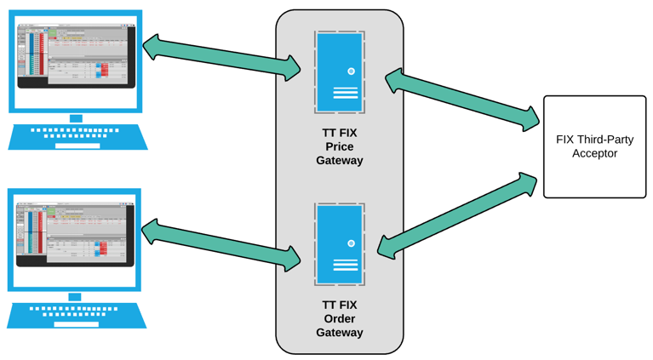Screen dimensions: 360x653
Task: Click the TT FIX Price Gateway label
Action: [x=339, y=146]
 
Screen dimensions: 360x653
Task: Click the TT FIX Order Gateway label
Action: [x=339, y=318]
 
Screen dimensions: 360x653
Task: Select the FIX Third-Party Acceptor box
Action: [x=594, y=146]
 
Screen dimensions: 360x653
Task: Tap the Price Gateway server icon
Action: [x=339, y=73]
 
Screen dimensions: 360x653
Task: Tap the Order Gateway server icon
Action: [x=339, y=244]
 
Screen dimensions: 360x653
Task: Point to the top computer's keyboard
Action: [x=77, y=137]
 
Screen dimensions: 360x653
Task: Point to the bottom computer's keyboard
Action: [x=77, y=315]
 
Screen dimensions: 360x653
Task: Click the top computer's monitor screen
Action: [x=74, y=56]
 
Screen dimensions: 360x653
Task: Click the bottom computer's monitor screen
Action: [x=74, y=235]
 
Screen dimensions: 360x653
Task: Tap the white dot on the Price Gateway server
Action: [x=351, y=71]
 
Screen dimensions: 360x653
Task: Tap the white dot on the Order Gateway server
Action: [x=351, y=243]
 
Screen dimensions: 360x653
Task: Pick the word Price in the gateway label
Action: [x=339, y=146]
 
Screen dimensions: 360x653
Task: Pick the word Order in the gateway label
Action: [x=339, y=318]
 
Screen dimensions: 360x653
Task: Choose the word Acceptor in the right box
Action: [x=594, y=153]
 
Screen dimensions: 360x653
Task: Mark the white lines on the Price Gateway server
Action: [x=346, y=92]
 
